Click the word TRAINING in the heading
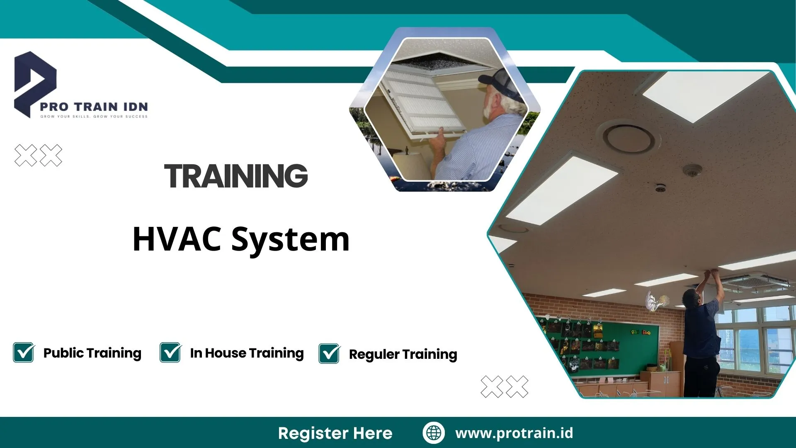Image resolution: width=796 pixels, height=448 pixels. pos(236,176)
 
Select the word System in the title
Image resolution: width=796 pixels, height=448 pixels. pos(290,240)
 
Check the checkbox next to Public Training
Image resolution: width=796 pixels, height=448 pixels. pos(24,353)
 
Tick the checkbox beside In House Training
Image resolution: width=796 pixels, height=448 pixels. pos(170,353)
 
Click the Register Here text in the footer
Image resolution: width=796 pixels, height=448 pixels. pos(335,433)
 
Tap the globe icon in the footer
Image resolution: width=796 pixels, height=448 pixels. pos(434,433)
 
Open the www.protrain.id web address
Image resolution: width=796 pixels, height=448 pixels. pos(514,433)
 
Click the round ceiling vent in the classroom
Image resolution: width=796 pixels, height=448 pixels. pos(629,138)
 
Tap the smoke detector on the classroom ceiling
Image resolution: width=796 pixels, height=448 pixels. pos(692,170)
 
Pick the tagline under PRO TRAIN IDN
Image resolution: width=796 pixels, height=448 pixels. pos(94,117)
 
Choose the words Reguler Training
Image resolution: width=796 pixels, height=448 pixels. pos(403,354)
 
